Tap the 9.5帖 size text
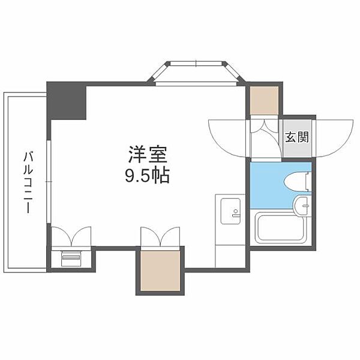(x=146, y=176)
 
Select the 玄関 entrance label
(x=296, y=137)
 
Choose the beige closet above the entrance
(x=265, y=100)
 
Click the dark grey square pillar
(x=67, y=101)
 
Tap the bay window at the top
(x=197, y=71)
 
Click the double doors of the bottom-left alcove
(x=71, y=237)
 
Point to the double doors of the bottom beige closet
(x=160, y=237)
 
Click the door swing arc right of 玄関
(x=334, y=137)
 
